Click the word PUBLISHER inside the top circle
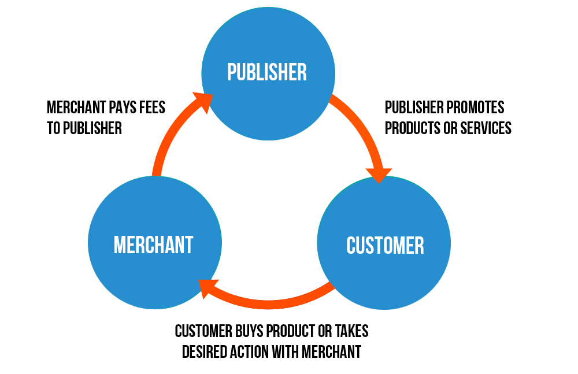point(267,72)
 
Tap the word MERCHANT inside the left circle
point(153,245)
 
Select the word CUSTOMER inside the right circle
point(385,245)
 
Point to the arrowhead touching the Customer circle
point(379,173)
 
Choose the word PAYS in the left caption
point(121,108)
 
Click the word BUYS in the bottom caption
point(249,331)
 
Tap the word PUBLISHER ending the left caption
point(92,128)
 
